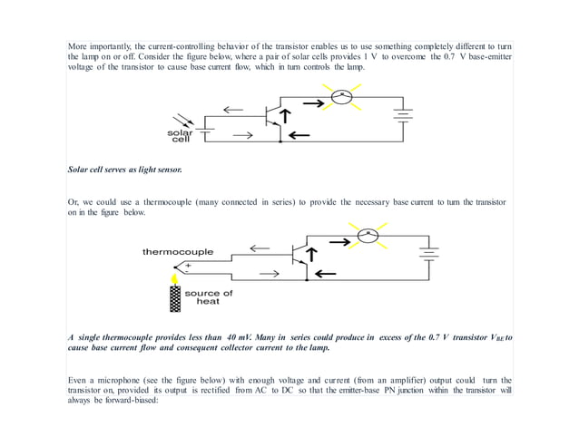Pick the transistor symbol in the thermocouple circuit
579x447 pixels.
[x=297, y=256]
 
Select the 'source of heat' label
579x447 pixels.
[x=208, y=297]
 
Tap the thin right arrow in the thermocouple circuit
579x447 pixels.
[x=268, y=272]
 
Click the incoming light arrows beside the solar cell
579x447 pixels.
[x=180, y=120]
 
